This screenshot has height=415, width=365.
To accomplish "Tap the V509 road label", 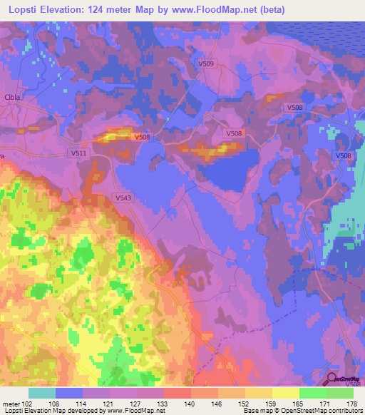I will (206, 64).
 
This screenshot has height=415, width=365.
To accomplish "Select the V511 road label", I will (78, 153).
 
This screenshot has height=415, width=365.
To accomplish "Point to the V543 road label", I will (122, 198).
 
